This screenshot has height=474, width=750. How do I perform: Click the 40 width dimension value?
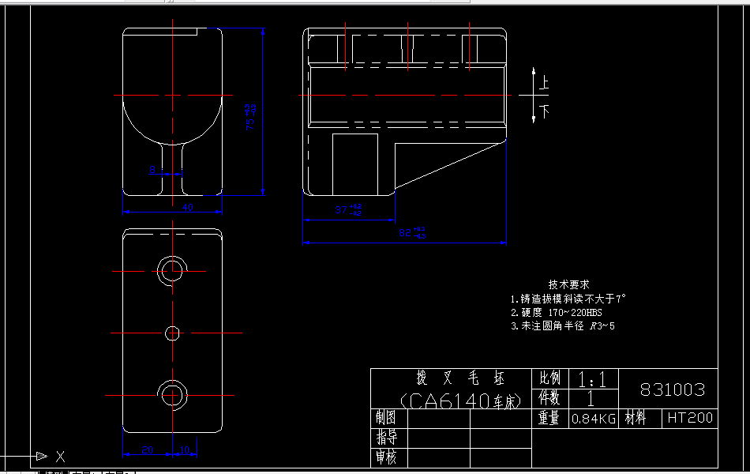188,207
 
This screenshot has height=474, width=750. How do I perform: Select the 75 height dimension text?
251,117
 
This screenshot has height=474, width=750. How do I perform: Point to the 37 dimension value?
342,210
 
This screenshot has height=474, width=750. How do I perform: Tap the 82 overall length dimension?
406,233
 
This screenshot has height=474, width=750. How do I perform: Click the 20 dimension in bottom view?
147,450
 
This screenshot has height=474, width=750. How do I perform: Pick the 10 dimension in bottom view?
185,450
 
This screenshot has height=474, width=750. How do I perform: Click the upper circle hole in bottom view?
171,270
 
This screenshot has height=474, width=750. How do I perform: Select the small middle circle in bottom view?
172,333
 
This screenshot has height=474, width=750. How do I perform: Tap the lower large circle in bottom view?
171,393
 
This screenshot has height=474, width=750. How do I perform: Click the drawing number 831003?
672,390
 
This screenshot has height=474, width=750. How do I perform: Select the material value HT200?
689,418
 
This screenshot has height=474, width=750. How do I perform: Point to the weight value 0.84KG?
593,419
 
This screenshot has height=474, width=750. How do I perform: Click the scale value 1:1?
592,380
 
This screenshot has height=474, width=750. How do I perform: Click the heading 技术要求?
568,284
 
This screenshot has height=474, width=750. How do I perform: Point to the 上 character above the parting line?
544,82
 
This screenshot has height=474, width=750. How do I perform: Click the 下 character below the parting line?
544,110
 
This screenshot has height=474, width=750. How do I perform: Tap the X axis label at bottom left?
60,456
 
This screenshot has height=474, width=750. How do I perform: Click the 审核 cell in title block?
387,457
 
